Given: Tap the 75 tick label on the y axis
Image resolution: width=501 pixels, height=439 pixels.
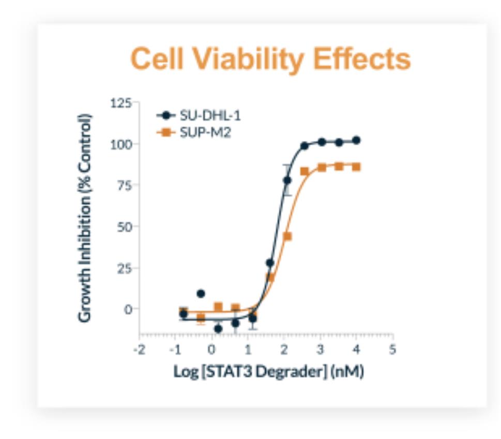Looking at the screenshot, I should tap(124, 185).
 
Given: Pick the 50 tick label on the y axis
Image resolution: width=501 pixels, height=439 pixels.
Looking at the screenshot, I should tap(124, 226).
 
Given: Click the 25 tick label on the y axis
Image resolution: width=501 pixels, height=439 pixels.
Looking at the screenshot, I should tap(124, 268).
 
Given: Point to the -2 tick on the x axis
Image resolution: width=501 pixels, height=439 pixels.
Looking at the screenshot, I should tap(139, 350).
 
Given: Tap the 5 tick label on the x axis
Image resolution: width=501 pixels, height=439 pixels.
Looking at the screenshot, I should tap(392, 350).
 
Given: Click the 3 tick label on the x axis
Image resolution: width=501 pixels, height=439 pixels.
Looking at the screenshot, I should tap(320, 350).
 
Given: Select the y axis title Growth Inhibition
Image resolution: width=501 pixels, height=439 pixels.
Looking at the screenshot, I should tap(86, 217).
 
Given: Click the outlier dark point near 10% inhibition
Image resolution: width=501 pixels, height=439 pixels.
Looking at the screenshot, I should tap(201, 294).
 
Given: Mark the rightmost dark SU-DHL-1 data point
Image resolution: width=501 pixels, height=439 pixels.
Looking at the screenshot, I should tap(356, 140).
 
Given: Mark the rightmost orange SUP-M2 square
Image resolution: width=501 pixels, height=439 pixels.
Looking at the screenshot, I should tap(356, 167).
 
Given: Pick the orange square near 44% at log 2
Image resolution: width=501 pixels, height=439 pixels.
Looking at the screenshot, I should tap(287, 236).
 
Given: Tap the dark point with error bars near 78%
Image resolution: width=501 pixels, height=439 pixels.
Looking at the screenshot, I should tap(287, 180).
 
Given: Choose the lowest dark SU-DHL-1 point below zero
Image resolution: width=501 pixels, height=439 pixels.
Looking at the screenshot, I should tap(218, 328).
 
